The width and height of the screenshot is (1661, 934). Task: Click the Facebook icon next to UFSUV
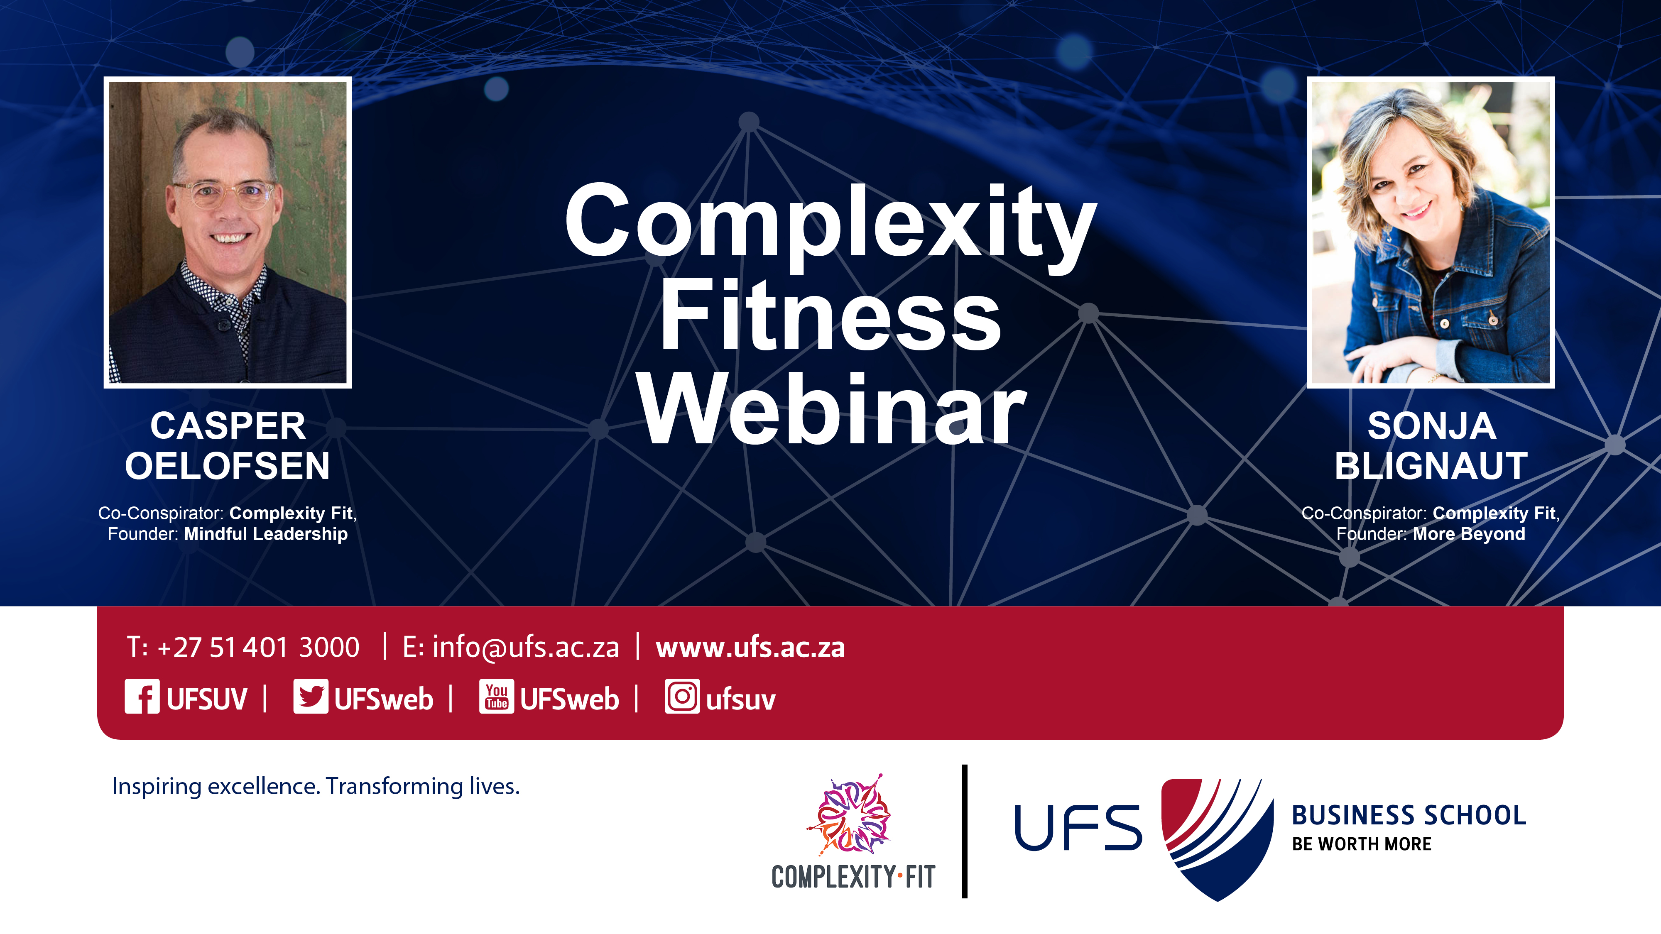pos(142,696)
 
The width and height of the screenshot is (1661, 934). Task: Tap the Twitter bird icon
pos(311,696)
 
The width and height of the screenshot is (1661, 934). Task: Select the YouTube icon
pos(497,696)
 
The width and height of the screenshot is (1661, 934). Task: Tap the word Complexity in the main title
pos(830,225)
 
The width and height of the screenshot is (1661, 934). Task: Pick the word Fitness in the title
pos(830,316)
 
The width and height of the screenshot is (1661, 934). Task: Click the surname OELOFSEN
pos(228,466)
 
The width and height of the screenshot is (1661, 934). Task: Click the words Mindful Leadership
pos(266,534)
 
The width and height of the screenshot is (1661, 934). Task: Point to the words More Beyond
pos(1469,534)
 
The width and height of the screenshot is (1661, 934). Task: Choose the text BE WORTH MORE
pos(1361,844)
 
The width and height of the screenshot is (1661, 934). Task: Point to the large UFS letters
pos(1078,828)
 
